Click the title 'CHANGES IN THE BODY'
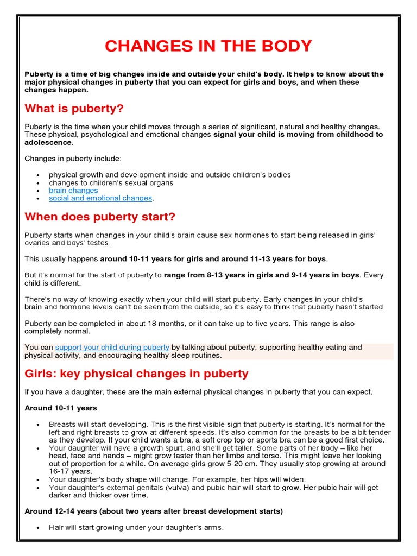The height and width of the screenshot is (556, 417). pyautogui.click(x=208, y=46)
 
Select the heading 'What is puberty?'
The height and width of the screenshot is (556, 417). pyautogui.click(x=74, y=109)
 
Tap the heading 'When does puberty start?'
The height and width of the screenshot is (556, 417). pyautogui.click(x=100, y=217)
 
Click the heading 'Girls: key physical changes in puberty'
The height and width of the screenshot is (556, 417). pyautogui.click(x=136, y=374)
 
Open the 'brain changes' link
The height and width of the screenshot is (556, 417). pyautogui.click(x=73, y=191)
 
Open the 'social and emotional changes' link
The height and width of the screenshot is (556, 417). pyautogui.click(x=100, y=198)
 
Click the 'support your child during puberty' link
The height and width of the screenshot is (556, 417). pyautogui.click(x=112, y=347)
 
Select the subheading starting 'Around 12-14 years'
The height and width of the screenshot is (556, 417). pyautogui.click(x=154, y=511)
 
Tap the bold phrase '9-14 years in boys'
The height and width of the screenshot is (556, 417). pyautogui.click(x=325, y=275)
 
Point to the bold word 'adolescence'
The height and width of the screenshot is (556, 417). pyautogui.click(x=48, y=142)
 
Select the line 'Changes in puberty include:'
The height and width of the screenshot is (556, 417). pyautogui.click(x=73, y=159)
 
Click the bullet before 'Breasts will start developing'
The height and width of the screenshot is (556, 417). pyautogui.click(x=37, y=425)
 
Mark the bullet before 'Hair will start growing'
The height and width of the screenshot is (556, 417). pyautogui.click(x=37, y=528)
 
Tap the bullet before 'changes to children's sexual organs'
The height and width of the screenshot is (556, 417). pyautogui.click(x=37, y=183)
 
